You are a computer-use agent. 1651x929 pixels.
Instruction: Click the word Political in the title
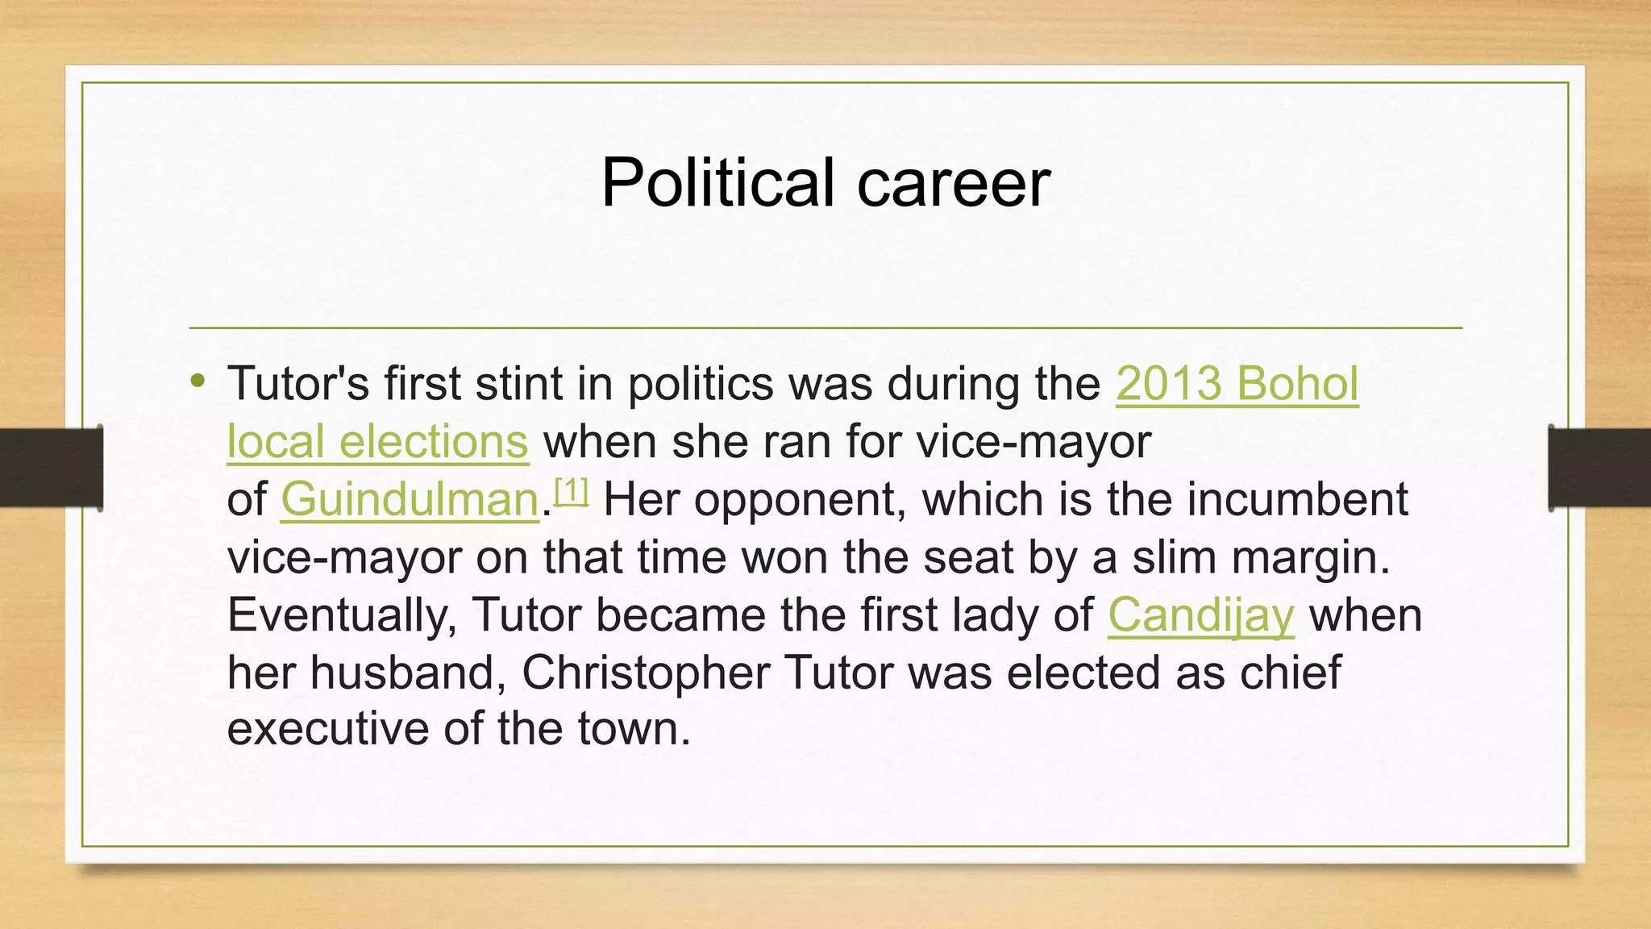[x=717, y=182]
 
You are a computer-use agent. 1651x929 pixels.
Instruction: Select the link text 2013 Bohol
[x=1237, y=383]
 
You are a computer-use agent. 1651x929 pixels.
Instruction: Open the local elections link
[x=377, y=441]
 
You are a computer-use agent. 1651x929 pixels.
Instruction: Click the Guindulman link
[x=410, y=499]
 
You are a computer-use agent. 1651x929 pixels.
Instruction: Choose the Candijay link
[x=1200, y=615]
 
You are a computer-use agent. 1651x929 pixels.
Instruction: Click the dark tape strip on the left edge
[x=51, y=467]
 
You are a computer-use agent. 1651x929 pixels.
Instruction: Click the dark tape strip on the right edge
[x=1599, y=467]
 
